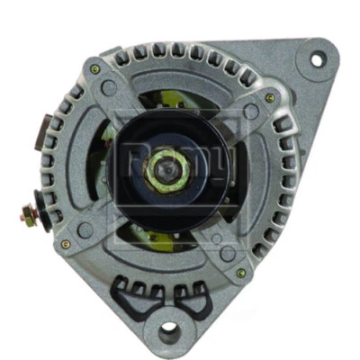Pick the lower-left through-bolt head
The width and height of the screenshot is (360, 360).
pyautogui.click(x=66, y=244)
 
